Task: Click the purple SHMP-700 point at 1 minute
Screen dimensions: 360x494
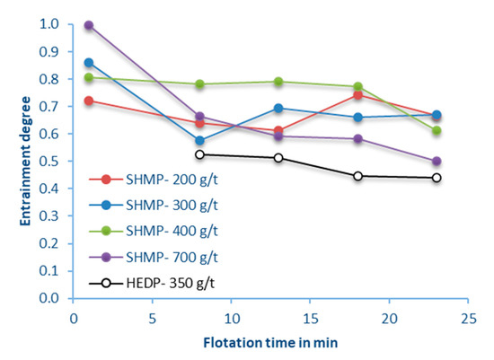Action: click(88, 25)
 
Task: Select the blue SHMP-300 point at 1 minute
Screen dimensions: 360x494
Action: click(88, 63)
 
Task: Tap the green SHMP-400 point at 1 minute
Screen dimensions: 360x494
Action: click(88, 78)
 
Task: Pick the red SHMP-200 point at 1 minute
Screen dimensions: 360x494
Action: click(88, 101)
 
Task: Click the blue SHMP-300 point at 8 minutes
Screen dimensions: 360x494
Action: click(199, 140)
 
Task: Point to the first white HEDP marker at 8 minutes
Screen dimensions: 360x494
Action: click(199, 154)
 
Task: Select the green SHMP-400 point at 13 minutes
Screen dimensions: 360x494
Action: click(278, 82)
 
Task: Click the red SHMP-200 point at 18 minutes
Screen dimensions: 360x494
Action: click(357, 94)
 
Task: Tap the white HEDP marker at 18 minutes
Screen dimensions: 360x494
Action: click(357, 176)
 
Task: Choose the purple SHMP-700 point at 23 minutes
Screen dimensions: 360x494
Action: click(437, 162)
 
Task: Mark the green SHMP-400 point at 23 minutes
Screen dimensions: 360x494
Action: click(437, 130)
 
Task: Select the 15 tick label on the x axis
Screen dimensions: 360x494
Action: click(310, 317)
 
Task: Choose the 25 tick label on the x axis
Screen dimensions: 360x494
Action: click(468, 317)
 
